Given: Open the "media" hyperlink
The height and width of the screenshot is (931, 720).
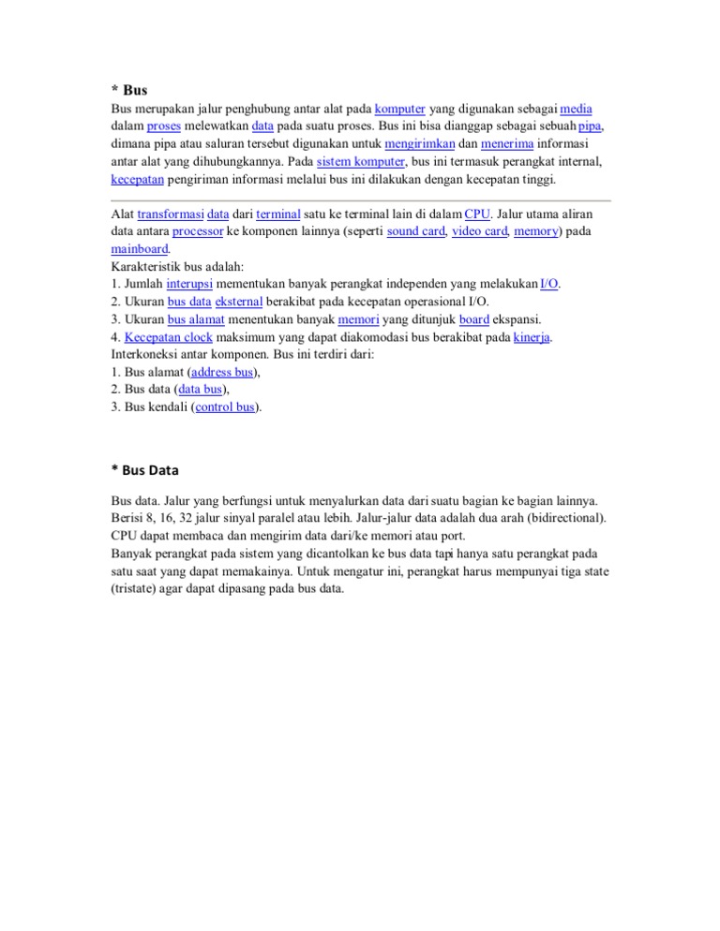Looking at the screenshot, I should click(x=576, y=109).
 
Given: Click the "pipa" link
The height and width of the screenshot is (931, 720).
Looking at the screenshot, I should click(x=590, y=126).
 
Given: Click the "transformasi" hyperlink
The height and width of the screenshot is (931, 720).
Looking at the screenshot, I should click(x=169, y=214).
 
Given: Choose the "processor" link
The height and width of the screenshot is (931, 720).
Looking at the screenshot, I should click(x=198, y=231).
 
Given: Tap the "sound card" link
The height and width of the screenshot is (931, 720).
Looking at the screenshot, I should click(x=415, y=231).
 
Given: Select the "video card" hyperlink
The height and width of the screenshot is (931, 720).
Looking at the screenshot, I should click(x=479, y=231).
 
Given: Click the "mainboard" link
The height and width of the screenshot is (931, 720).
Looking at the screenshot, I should click(x=140, y=249).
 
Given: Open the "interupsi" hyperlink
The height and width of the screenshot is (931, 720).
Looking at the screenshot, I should click(x=190, y=284).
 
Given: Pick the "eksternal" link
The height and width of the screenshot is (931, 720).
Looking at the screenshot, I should click(x=244, y=302).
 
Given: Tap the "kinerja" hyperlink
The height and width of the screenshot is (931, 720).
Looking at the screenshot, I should click(x=532, y=337).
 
